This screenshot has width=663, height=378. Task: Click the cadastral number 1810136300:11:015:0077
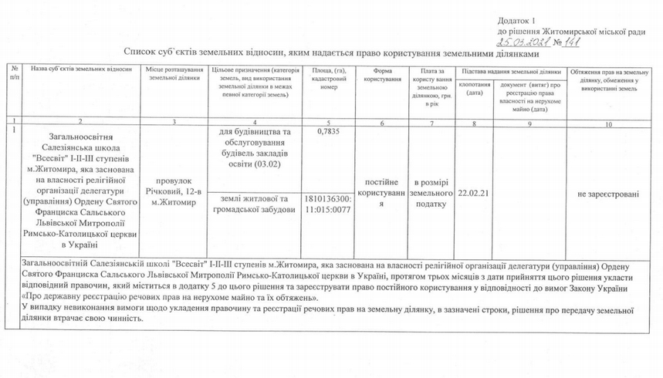(329, 203)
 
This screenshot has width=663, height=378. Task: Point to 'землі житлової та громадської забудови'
(254, 204)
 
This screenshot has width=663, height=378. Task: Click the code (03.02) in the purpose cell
(273, 164)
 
